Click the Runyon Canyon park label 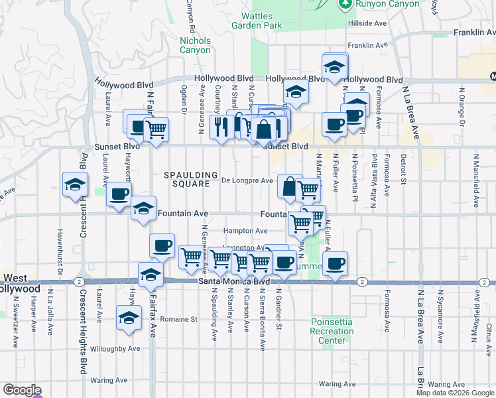pyautogui.click(x=388, y=4)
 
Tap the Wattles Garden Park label pyautogui.click(x=257, y=21)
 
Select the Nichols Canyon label pyautogui.click(x=196, y=45)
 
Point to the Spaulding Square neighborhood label pyautogui.click(x=191, y=179)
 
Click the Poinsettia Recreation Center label pyautogui.click(x=332, y=331)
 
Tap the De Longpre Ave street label pyautogui.click(x=247, y=180)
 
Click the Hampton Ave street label pyautogui.click(x=245, y=231)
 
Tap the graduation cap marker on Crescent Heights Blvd pyautogui.click(x=76, y=184)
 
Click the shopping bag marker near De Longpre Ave pyautogui.click(x=290, y=186)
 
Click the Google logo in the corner pyautogui.click(x=22, y=391)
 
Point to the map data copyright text pyautogui.click(x=455, y=393)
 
